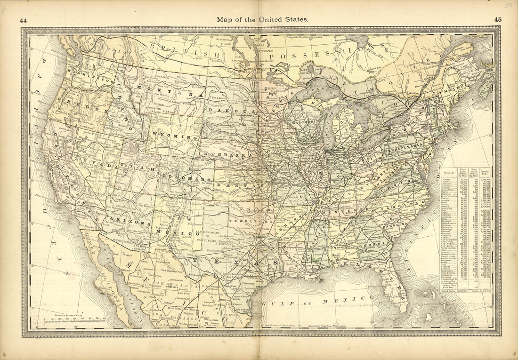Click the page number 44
point(23,20)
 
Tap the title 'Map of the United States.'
point(262,20)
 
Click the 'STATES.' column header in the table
point(448,172)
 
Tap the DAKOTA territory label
point(233,110)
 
